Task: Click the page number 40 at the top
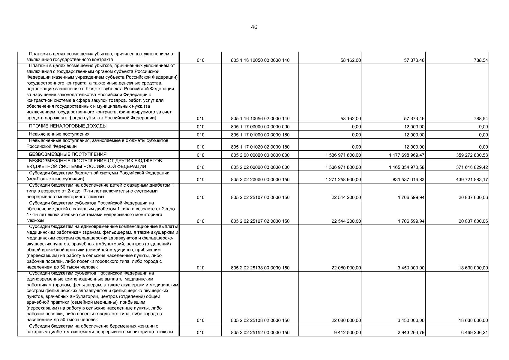[254, 27]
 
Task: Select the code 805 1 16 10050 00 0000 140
[260, 60]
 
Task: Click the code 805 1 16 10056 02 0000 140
[260, 119]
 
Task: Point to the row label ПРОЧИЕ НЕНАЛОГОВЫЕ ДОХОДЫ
[67, 126]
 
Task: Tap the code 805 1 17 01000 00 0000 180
[260, 135]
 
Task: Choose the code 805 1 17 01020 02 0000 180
[260, 147]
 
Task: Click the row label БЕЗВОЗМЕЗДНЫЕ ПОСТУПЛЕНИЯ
[67, 154]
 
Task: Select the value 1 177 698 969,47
[406, 155]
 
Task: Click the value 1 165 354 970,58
[406, 167]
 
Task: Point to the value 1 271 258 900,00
[343, 180]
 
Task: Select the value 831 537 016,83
[408, 180]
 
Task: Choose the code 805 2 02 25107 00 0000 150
[260, 197]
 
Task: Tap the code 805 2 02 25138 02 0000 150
[260, 320]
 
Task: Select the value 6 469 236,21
[473, 333]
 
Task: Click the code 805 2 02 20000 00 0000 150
[260, 180]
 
